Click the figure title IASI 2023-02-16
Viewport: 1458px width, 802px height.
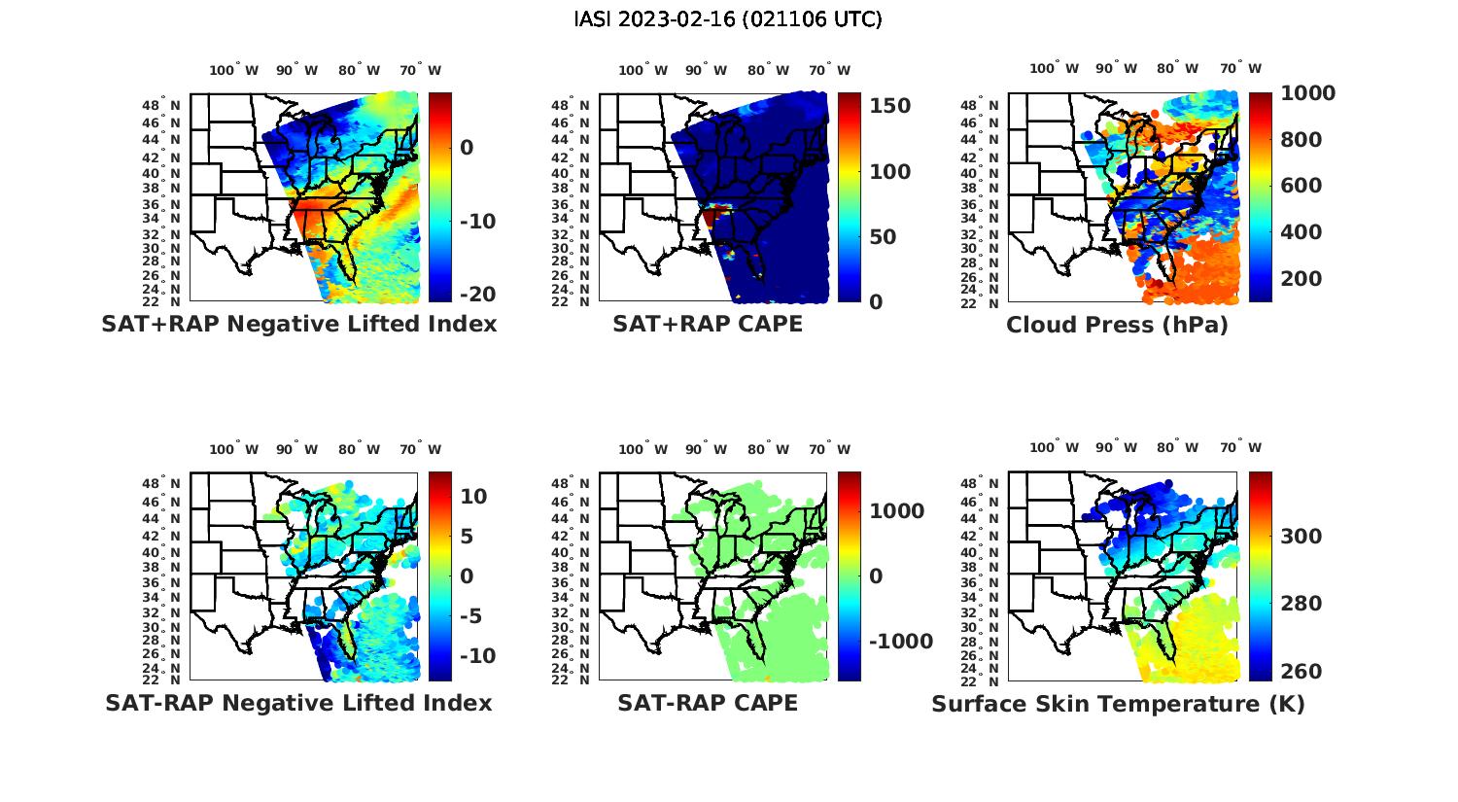(x=728, y=19)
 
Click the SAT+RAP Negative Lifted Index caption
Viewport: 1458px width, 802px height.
(x=298, y=324)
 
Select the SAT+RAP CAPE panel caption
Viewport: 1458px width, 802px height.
(x=708, y=324)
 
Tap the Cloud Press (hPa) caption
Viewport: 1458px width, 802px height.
(x=1117, y=325)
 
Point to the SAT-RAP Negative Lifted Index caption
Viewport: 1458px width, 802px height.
(x=298, y=703)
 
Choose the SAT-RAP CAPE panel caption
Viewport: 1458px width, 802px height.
(x=708, y=703)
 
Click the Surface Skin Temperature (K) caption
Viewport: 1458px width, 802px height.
(x=1118, y=704)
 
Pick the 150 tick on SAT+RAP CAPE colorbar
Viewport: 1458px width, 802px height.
(x=889, y=106)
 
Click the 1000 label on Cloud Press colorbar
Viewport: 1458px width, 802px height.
(x=1307, y=93)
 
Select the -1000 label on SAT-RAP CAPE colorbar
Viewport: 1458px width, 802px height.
(x=900, y=642)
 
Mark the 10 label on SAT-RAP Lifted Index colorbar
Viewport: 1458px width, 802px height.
(x=473, y=496)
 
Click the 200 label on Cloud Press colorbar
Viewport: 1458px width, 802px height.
(x=1302, y=279)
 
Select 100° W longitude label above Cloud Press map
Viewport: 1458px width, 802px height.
(x=1054, y=68)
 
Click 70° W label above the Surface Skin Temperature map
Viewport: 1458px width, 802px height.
(x=1240, y=447)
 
